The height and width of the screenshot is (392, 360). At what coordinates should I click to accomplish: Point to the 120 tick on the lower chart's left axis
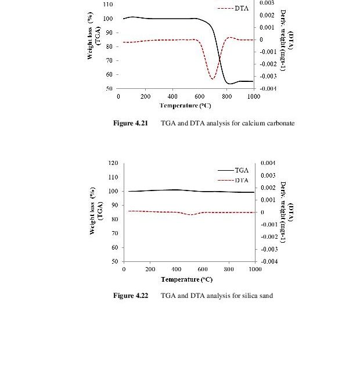pyautogui.click(x=114, y=163)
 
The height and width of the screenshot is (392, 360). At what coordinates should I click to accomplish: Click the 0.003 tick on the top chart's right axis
pyautogui.click(x=267, y=3)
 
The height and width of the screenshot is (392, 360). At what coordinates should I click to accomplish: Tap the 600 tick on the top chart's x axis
pyautogui.click(x=200, y=96)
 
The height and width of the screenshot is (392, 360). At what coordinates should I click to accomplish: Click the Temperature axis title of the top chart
pyautogui.click(x=185, y=106)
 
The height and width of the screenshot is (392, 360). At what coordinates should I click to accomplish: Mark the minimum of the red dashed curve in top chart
pyautogui.click(x=213, y=78)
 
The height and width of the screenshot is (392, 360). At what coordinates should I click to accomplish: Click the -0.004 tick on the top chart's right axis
pyautogui.click(x=268, y=89)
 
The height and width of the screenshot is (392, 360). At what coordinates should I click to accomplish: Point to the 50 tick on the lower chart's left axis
pyautogui.click(x=116, y=261)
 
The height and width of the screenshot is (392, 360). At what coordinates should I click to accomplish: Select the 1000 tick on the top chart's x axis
pyautogui.click(x=253, y=96)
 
